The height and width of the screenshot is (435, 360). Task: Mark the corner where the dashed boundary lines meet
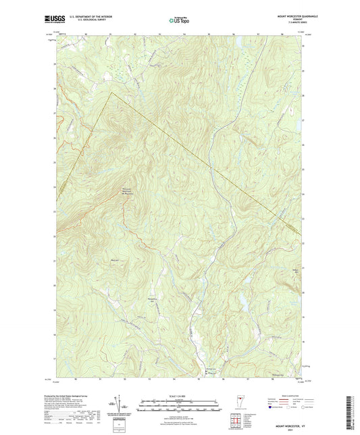pyautogui.click(x=111, y=93)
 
